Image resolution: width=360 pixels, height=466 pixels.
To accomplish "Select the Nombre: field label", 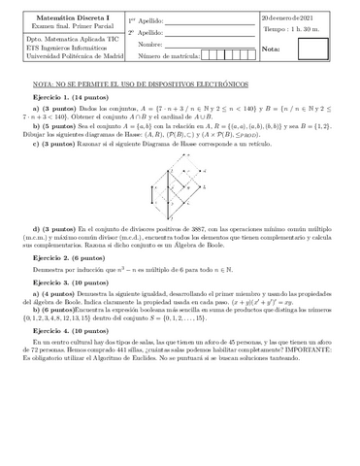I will [150, 45].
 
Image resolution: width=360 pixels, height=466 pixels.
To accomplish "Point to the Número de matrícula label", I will [167, 57].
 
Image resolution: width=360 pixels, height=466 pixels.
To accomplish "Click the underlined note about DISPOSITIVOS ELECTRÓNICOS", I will [138, 84].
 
